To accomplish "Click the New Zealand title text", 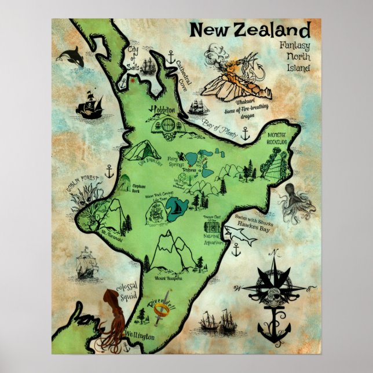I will (250, 30).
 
